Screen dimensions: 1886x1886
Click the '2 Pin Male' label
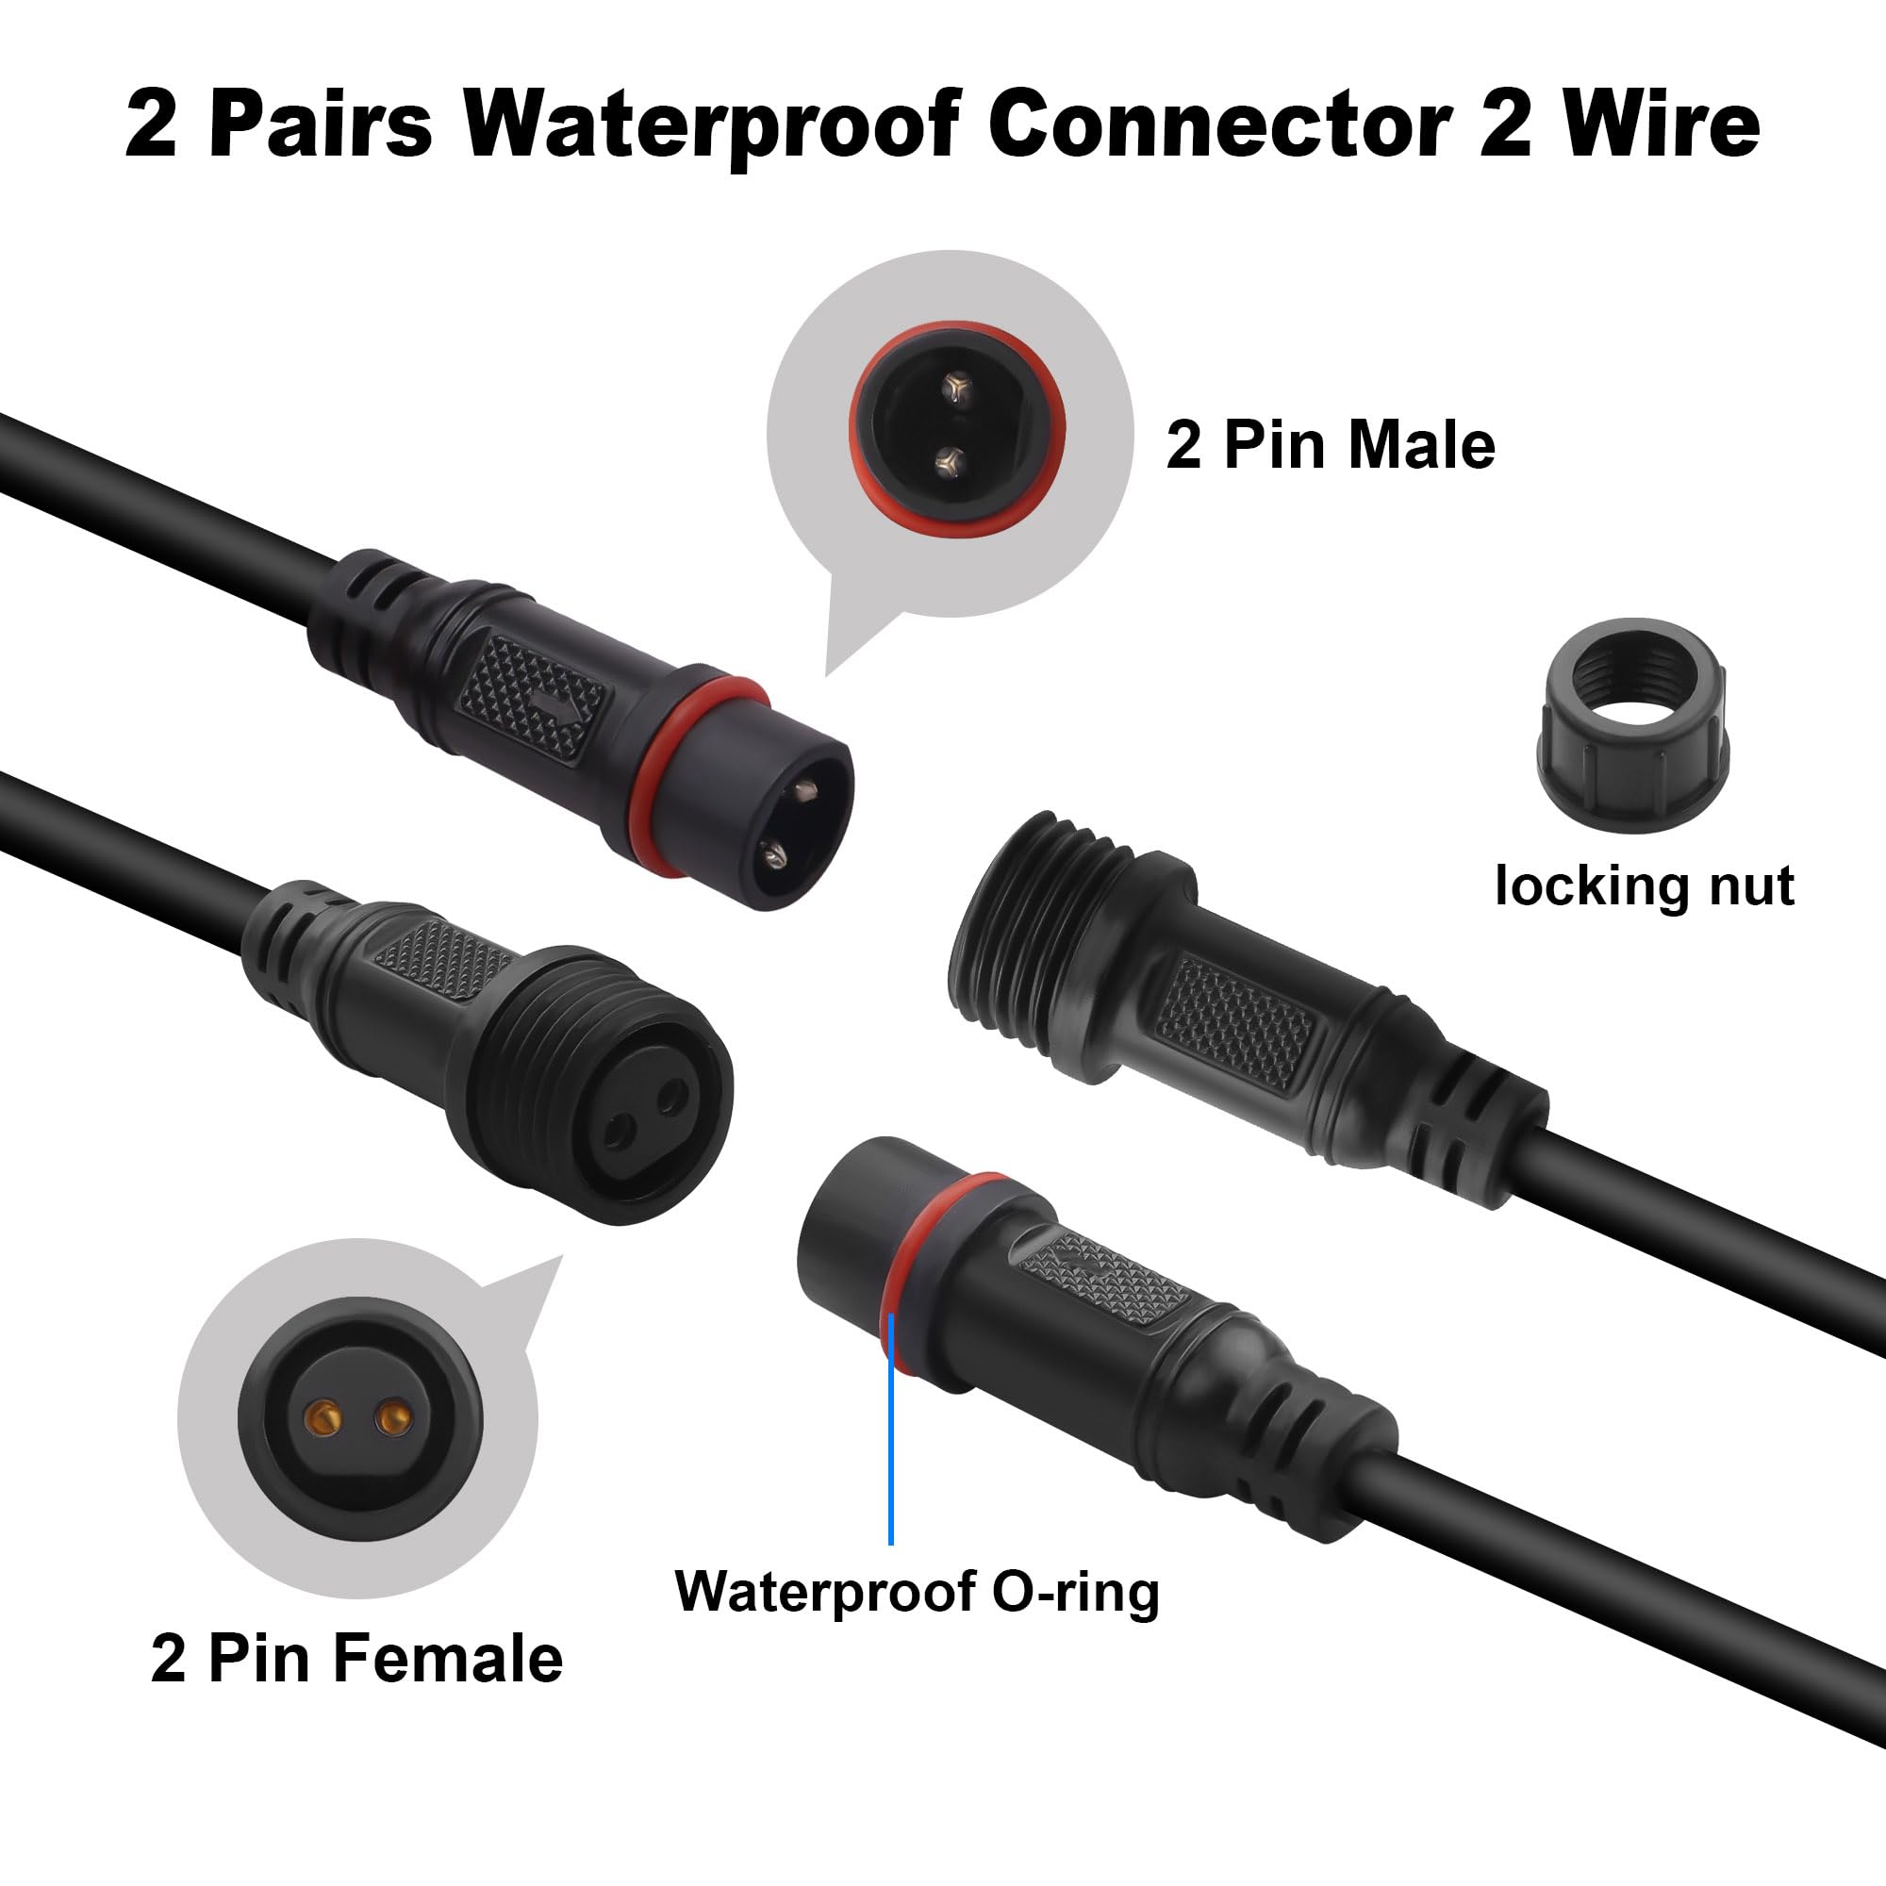point(1331,445)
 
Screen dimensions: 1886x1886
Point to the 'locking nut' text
point(1645,885)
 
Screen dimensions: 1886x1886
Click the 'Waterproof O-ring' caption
point(917,1592)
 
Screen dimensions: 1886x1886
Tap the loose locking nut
point(1634,725)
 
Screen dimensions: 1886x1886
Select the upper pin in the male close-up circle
point(955,391)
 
